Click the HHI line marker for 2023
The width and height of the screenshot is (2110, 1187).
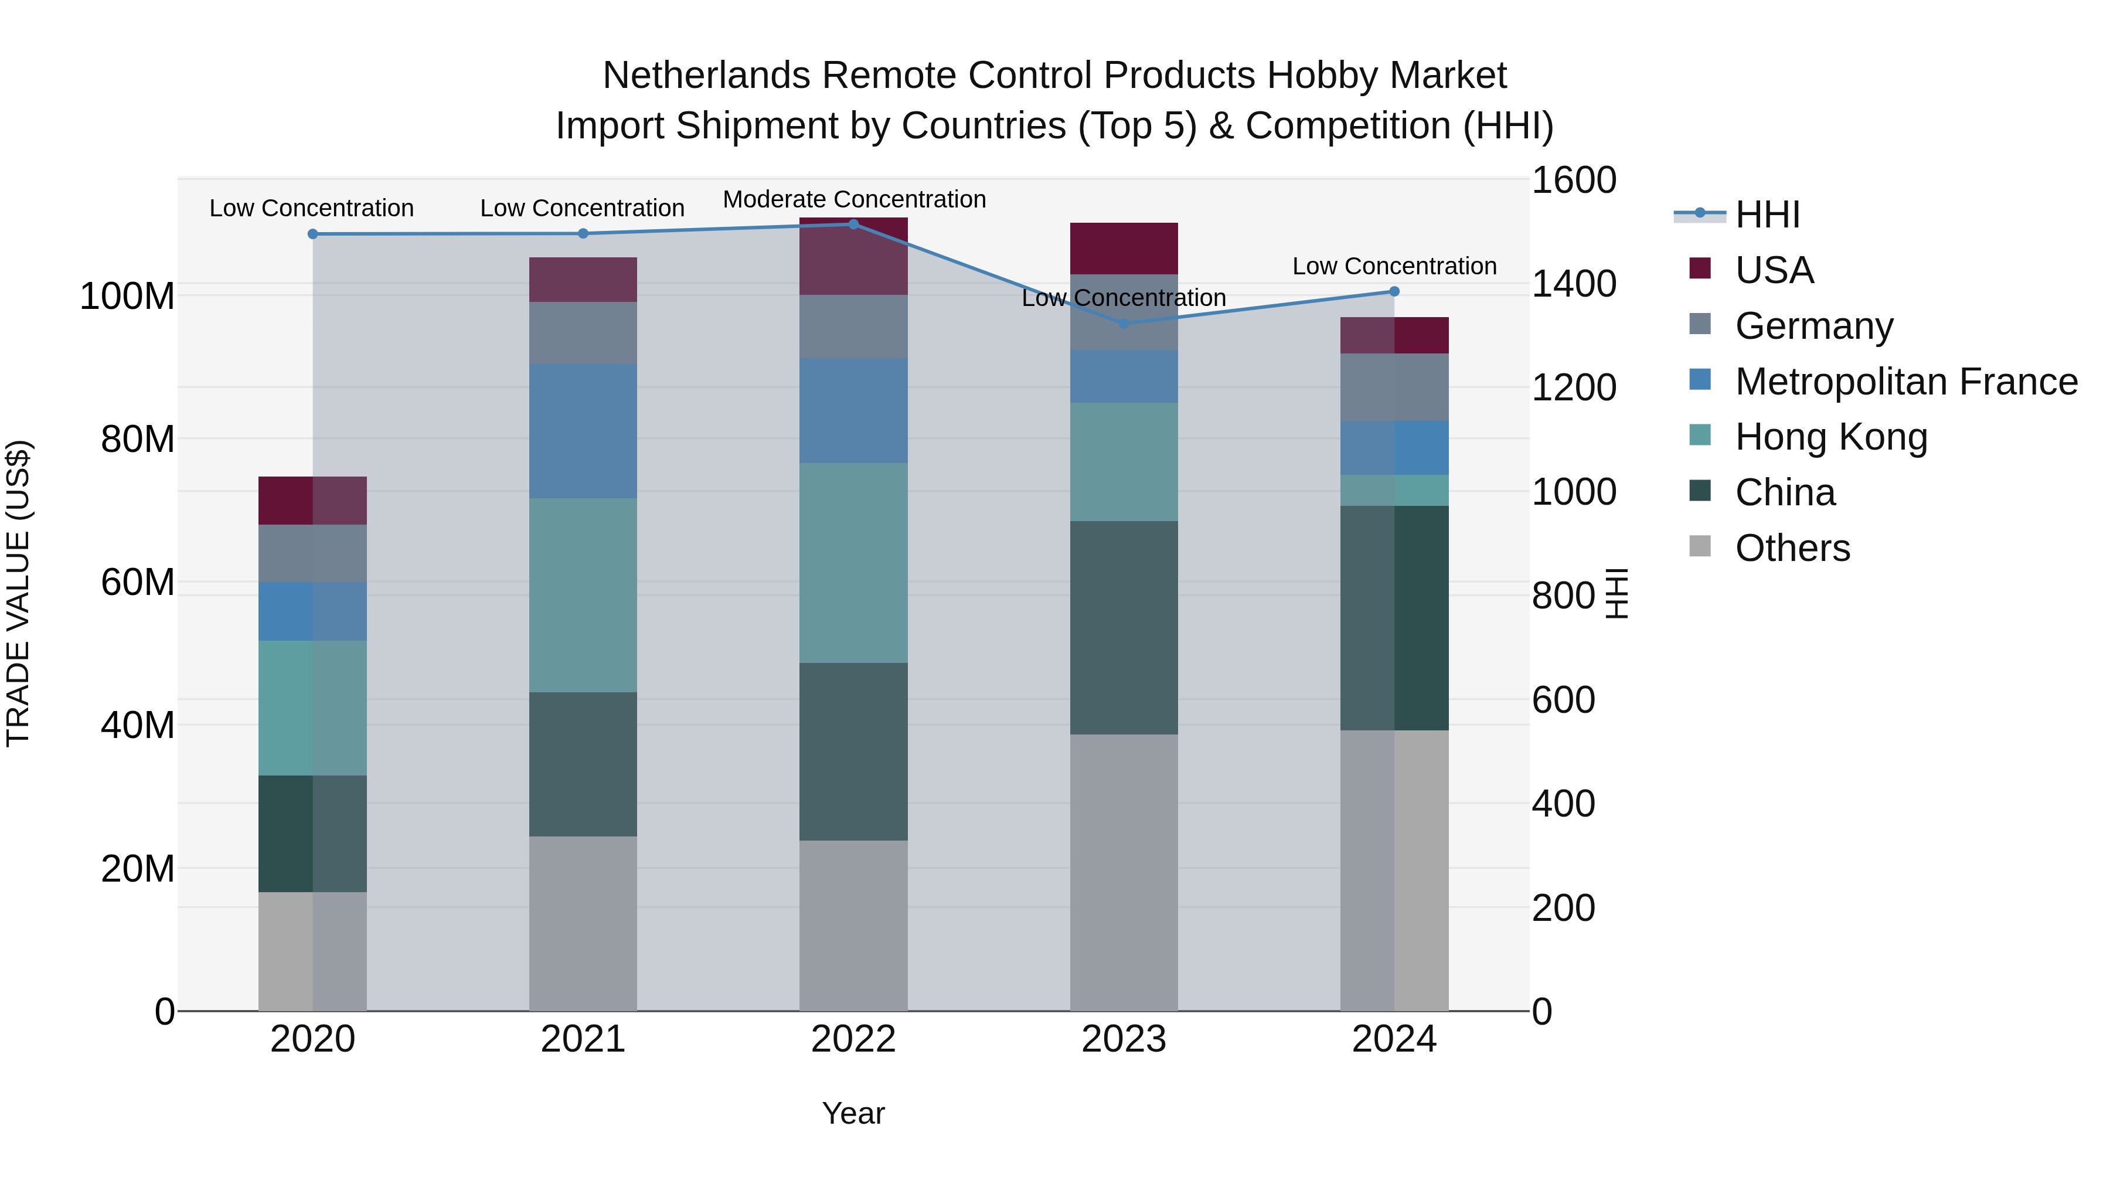point(1124,324)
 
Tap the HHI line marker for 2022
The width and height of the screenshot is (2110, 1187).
point(853,225)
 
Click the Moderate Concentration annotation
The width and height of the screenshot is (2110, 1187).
point(853,199)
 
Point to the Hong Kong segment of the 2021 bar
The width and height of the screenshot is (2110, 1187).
point(583,596)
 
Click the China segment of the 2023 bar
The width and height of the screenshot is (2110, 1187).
point(1124,627)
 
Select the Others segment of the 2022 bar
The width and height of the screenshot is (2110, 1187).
point(853,926)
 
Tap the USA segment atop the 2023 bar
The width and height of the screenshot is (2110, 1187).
point(1124,248)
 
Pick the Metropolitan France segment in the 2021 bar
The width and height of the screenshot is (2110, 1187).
point(583,431)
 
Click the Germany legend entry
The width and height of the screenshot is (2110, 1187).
point(1813,326)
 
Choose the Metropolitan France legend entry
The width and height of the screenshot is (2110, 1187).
point(1905,382)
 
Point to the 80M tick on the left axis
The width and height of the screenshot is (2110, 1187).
point(138,440)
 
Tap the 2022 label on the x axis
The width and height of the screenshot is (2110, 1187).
point(853,1039)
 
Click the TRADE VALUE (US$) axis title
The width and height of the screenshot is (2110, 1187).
point(19,593)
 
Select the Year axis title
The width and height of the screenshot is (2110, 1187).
point(853,1113)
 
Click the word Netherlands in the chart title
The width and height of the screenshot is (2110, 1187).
point(706,76)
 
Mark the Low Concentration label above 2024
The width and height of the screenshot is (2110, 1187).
point(1394,266)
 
